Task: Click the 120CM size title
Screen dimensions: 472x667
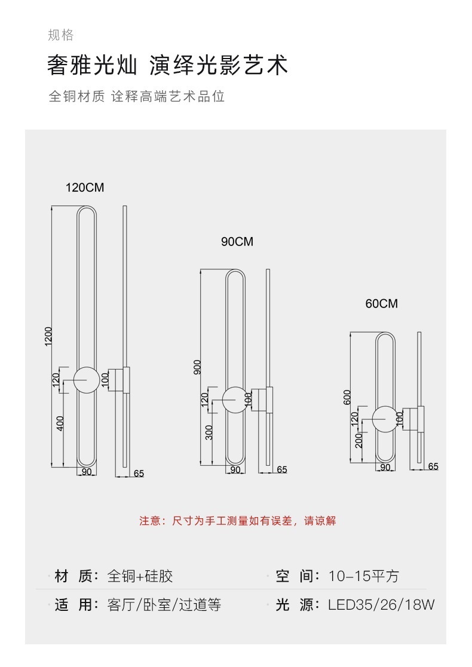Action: pyautogui.click(x=85, y=188)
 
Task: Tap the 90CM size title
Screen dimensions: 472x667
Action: pyautogui.click(x=237, y=242)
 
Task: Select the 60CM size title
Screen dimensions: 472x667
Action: pyautogui.click(x=381, y=304)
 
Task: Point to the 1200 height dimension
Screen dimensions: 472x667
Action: pyautogui.click(x=48, y=336)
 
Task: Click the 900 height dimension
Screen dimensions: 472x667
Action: pyautogui.click(x=197, y=367)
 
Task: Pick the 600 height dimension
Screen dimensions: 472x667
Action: pyautogui.click(x=347, y=397)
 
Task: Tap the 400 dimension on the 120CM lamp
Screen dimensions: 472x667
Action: pyautogui.click(x=60, y=423)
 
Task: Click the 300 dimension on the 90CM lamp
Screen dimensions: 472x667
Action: pyautogui.click(x=209, y=432)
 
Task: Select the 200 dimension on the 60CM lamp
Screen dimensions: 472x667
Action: pyautogui.click(x=359, y=441)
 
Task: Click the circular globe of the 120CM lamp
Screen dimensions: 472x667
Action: pyautogui.click(x=87, y=380)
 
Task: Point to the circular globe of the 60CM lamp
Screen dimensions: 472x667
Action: pyautogui.click(x=385, y=419)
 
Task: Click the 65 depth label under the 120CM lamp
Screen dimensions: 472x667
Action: pyautogui.click(x=139, y=474)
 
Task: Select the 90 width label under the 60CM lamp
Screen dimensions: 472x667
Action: pyautogui.click(x=385, y=467)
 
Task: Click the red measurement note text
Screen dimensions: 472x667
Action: pyautogui.click(x=237, y=521)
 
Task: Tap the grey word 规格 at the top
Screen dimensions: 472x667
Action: pyautogui.click(x=61, y=35)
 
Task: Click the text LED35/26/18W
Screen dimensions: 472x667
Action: pyautogui.click(x=381, y=604)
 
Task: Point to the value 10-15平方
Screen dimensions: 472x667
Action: pyautogui.click(x=363, y=576)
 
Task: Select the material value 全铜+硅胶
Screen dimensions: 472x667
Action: pyautogui.click(x=140, y=576)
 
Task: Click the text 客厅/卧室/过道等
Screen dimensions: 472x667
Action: pyautogui.click(x=164, y=604)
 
